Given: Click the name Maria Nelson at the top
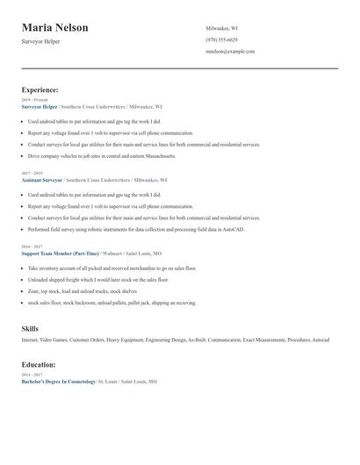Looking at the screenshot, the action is (54, 28).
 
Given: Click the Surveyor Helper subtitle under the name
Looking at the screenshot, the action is (41, 41).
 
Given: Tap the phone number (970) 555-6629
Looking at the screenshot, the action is (221, 39).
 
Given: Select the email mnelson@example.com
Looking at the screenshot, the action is (230, 51).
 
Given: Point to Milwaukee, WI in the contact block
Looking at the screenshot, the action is (221, 28).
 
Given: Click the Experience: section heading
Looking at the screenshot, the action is (40, 89).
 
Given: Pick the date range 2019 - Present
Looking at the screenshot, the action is (34, 100).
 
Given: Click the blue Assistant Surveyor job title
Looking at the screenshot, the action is (42, 179).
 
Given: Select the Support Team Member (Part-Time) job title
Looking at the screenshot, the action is (58, 253).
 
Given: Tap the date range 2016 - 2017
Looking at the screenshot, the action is (32, 247).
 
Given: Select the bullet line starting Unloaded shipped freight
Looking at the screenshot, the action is (97, 279).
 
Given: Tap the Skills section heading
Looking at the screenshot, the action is (30, 328).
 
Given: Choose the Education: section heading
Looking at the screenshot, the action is (39, 363).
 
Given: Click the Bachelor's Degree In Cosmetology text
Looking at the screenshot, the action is (58, 382).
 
